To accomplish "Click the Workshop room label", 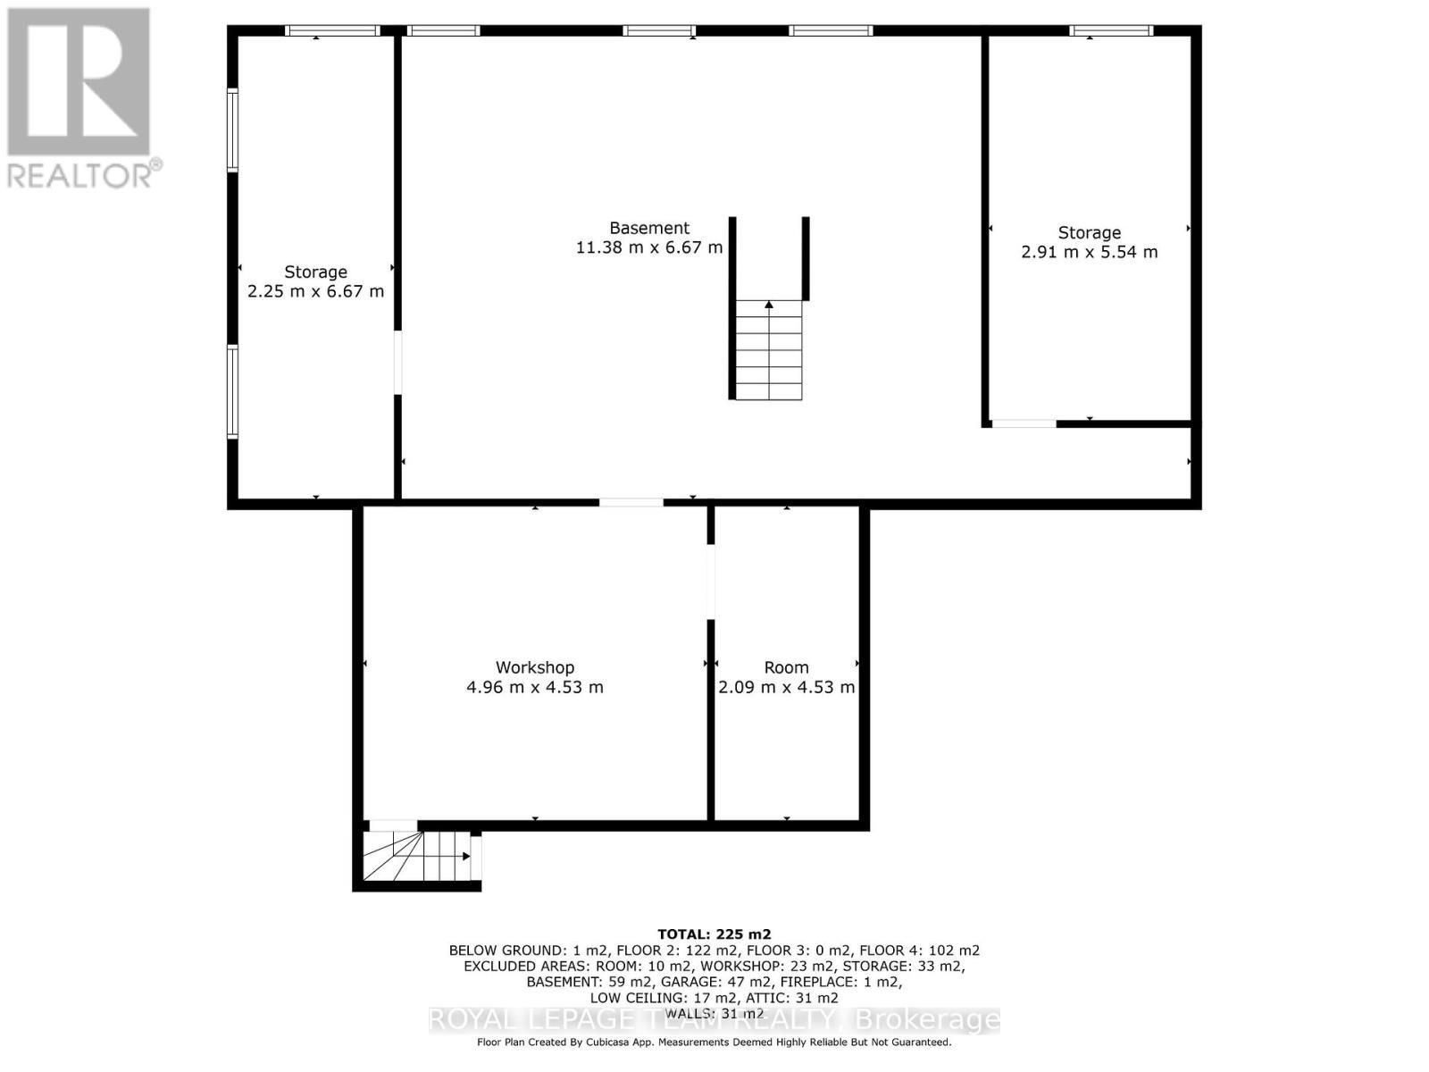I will click(534, 667).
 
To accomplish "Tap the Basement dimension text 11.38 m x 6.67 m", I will click(649, 247).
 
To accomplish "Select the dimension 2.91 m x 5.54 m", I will click(1089, 252).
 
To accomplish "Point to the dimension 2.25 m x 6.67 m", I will click(315, 291).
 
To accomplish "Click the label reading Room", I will click(786, 667).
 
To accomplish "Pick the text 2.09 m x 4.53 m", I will click(786, 687).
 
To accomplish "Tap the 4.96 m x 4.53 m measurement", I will click(534, 687).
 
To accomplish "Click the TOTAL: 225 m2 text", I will click(714, 934).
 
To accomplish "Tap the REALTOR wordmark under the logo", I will click(83, 174).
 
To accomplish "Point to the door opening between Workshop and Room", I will click(711, 582).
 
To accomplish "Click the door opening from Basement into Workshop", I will click(631, 503).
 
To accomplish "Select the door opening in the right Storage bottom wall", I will click(1024, 423).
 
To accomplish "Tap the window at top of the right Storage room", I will click(1111, 31).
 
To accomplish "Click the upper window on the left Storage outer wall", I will click(232, 130).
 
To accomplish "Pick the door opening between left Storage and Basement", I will click(398, 362).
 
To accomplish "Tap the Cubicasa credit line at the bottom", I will click(714, 1042).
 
